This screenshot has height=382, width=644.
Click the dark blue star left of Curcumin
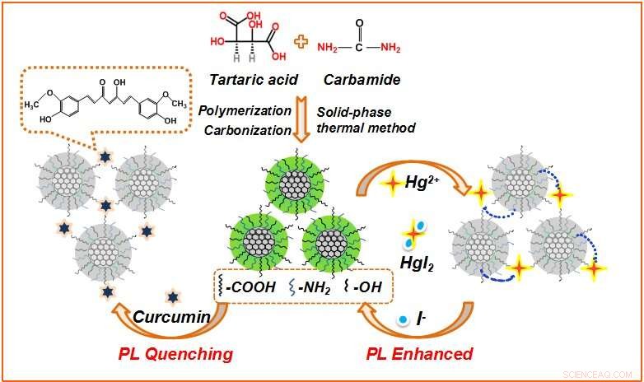[171, 297]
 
